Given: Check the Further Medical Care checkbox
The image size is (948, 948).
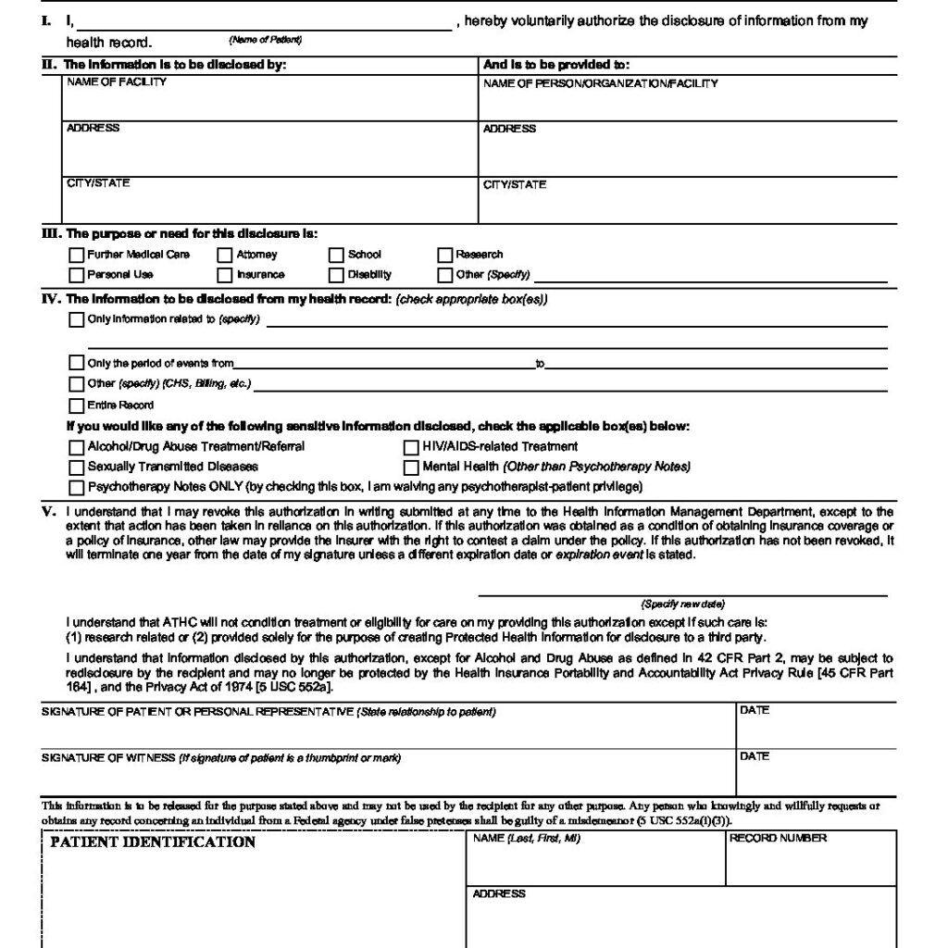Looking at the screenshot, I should pos(76,255).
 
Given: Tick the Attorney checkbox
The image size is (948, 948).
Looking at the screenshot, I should pos(225,255).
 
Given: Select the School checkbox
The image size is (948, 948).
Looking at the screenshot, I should pos(337,255).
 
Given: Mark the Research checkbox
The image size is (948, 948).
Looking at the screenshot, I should pos(445,255).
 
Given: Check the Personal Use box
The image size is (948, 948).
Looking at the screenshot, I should pos(76,275).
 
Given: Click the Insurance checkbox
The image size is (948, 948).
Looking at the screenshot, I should pos(225,275).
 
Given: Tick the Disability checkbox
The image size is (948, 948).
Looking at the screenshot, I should pos(337,275).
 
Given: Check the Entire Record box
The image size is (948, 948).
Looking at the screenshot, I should pos(76,405).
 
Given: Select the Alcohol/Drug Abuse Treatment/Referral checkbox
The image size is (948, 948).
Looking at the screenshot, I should pos(76,447).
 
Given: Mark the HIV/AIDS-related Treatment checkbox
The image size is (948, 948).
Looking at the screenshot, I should pos(411,447).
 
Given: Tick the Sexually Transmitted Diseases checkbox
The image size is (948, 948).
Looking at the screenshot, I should pos(76,467).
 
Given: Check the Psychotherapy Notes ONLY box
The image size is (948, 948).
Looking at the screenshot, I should pos(76,487).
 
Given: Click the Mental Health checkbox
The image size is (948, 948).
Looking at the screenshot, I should pos(411,467).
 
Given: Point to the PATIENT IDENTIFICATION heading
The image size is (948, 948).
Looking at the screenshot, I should pos(153,842).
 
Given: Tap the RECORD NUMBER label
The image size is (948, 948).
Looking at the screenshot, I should pos(779,839).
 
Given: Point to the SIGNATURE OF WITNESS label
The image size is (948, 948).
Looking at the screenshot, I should pos(108,758).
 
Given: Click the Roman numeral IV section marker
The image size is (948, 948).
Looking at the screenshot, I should pos(50,300).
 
